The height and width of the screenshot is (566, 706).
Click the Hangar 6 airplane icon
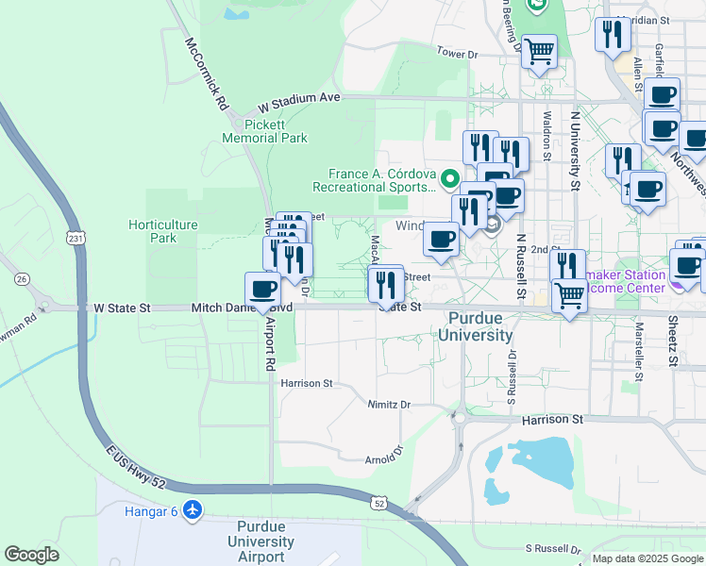click(x=193, y=510)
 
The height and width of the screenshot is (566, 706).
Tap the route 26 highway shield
click(x=22, y=279)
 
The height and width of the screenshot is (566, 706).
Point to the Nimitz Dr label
click(x=389, y=405)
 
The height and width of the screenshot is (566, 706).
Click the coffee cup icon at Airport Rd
click(x=262, y=289)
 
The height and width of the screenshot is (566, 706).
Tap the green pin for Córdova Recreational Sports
click(x=450, y=177)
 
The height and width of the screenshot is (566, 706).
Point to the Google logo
click(x=31, y=555)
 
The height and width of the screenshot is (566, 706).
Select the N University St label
click(x=574, y=150)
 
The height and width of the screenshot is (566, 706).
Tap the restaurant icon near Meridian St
click(x=613, y=35)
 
